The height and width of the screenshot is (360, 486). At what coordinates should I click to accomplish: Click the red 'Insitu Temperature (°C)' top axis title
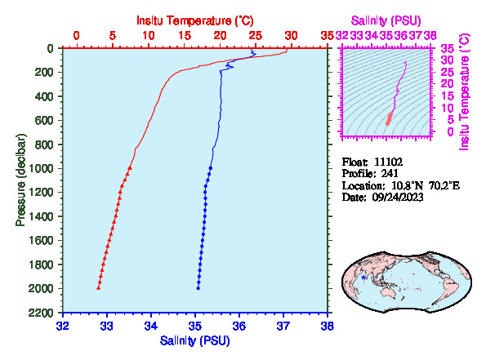click(x=195, y=20)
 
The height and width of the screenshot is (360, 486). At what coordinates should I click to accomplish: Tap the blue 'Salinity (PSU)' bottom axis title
click(x=195, y=340)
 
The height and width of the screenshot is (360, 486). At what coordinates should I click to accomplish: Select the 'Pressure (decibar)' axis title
click(x=20, y=180)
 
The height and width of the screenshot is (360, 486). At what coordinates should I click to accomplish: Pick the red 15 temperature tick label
click(x=185, y=36)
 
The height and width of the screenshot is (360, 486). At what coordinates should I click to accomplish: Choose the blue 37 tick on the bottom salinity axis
click(x=283, y=326)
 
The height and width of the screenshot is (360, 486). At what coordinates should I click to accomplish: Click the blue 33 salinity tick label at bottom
click(x=107, y=326)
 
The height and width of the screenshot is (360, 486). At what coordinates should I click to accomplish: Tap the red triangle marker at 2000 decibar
click(x=99, y=288)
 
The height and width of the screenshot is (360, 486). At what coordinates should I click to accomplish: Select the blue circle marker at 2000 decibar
click(x=198, y=288)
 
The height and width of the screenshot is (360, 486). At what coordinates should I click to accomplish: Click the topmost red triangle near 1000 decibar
click(x=130, y=167)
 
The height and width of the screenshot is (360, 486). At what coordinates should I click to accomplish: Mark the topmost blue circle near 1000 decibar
click(x=211, y=168)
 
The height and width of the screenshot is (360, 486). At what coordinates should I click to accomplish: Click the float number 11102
click(x=388, y=162)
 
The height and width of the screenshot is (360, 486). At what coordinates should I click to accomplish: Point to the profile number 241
click(x=390, y=173)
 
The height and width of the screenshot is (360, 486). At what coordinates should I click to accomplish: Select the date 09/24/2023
click(x=398, y=197)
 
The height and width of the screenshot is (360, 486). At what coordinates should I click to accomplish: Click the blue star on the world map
click(x=363, y=278)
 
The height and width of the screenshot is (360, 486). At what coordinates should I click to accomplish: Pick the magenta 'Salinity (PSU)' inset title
click(x=386, y=20)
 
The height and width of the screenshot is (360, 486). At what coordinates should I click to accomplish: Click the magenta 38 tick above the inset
click(x=430, y=36)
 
